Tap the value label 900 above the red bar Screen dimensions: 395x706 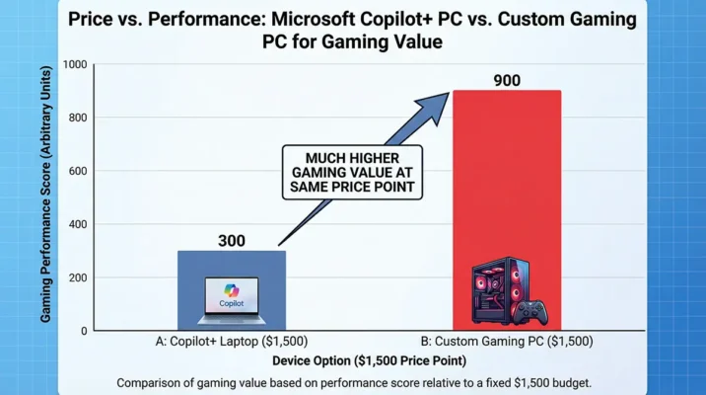pyautogui.click(x=507, y=78)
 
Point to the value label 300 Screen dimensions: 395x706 pyautogui.click(x=232, y=240)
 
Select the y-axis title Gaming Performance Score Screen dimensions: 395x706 pyautogui.click(x=46, y=197)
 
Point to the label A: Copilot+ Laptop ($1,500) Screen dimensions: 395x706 pyautogui.click(x=232, y=342)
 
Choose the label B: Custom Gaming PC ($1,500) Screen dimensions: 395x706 pyautogui.click(x=507, y=342)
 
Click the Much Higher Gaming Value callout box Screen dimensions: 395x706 pyautogui.click(x=352, y=172)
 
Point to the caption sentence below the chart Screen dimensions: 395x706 pyautogui.click(x=353, y=381)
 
